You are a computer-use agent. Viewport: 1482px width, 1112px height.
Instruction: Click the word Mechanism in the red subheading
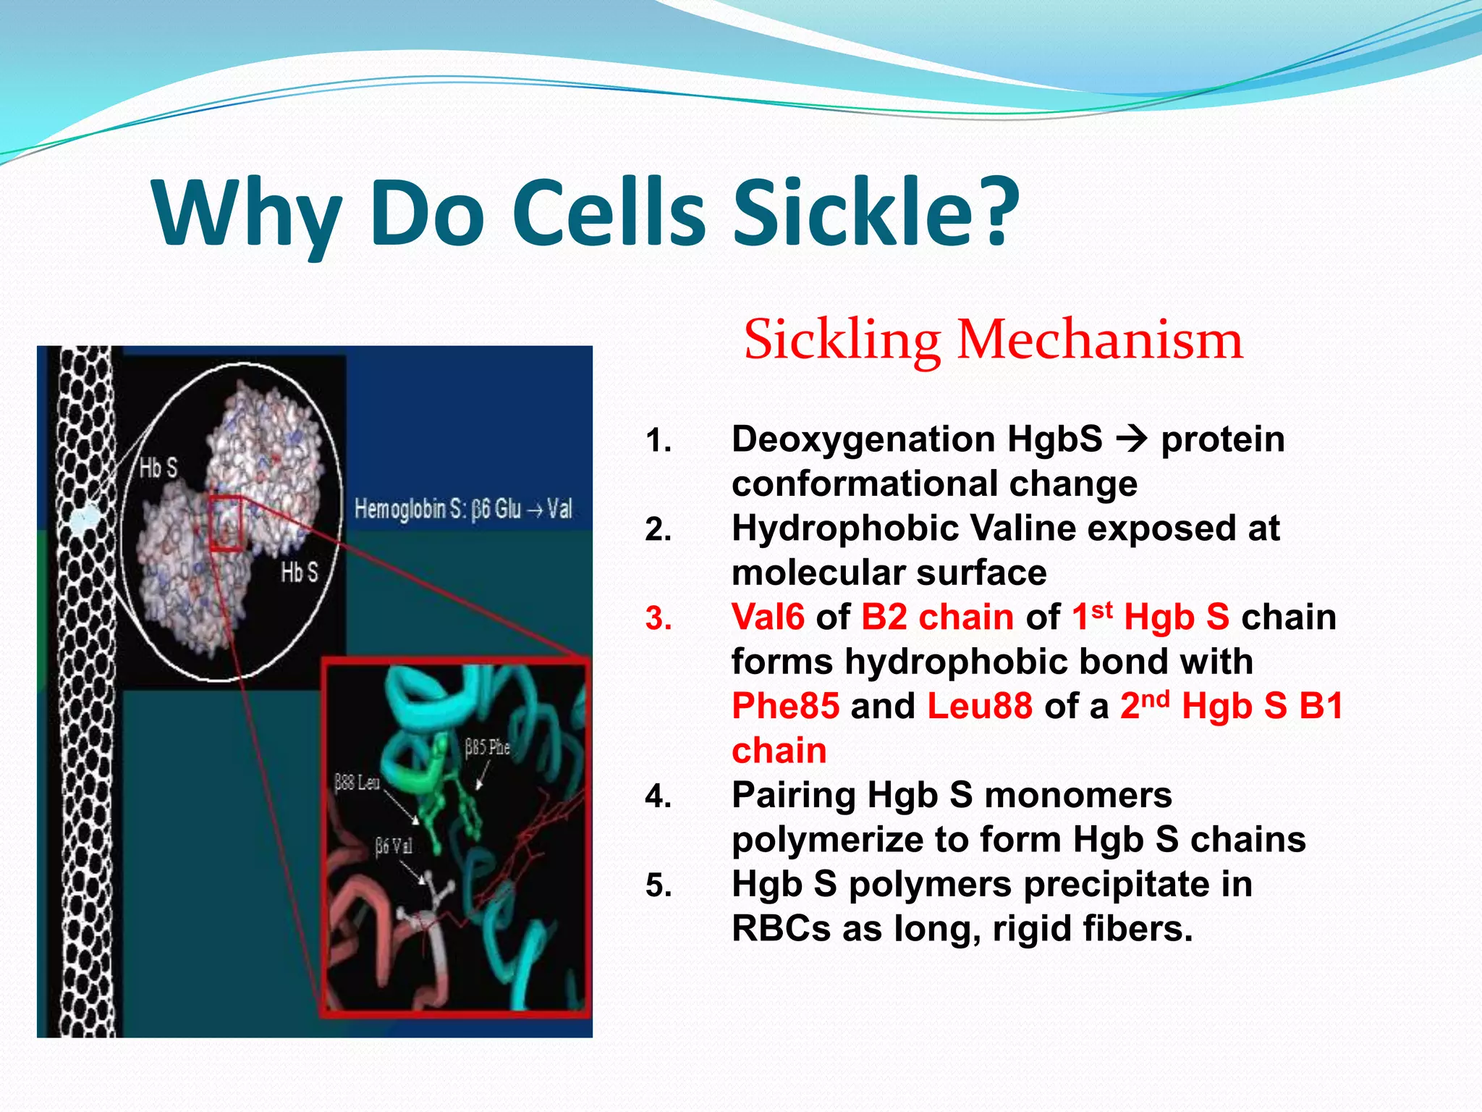(x=1099, y=340)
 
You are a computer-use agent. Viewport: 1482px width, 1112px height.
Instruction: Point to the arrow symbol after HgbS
(x=1132, y=439)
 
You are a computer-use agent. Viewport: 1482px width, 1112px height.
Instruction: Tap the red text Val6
(x=768, y=618)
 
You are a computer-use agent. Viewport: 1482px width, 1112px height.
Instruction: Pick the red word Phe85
(x=785, y=706)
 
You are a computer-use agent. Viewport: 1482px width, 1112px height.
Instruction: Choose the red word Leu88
(x=980, y=706)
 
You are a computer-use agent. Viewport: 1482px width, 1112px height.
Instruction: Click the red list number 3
(x=658, y=620)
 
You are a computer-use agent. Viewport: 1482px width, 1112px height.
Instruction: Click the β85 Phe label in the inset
(x=487, y=748)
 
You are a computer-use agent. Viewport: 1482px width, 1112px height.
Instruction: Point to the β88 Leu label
(x=357, y=783)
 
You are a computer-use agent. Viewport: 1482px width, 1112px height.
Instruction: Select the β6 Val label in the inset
(x=394, y=846)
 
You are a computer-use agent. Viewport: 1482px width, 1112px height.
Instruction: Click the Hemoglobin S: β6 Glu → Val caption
(x=463, y=510)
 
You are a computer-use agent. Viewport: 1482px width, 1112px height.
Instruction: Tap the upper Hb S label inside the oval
(x=158, y=468)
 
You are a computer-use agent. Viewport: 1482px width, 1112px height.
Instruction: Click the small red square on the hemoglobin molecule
(x=226, y=523)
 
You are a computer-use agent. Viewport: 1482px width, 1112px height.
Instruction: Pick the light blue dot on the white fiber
(x=85, y=517)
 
